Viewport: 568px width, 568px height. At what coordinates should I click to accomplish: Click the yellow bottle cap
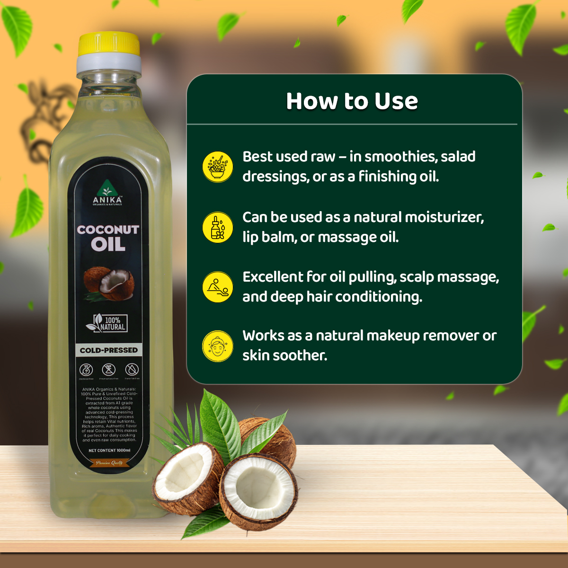tap(109, 44)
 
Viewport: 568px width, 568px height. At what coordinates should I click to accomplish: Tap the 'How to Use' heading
tap(352, 101)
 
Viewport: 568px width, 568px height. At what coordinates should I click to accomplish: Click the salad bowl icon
tap(218, 167)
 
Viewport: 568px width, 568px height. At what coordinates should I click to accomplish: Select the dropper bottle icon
tap(218, 227)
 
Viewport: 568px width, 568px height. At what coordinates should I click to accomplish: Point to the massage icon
tap(218, 287)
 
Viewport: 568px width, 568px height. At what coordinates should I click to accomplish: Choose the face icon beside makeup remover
tap(218, 346)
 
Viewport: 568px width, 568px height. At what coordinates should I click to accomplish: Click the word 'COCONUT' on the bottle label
tap(108, 230)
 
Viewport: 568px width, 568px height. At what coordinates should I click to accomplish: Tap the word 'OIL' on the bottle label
tap(108, 244)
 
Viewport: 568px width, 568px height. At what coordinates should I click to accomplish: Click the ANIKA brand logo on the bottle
tap(107, 195)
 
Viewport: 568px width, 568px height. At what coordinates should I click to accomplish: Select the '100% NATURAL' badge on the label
tap(107, 323)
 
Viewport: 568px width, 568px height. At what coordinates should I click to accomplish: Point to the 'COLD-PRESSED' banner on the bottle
tap(109, 350)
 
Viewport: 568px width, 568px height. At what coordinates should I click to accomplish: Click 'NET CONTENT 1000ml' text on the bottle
tap(109, 450)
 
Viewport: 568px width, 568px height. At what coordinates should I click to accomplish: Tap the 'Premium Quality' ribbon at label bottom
tap(109, 463)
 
